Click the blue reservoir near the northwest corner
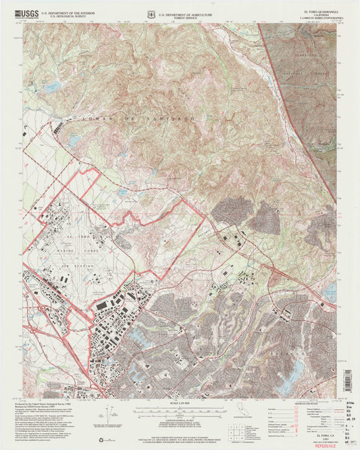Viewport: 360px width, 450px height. coord(52,88)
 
